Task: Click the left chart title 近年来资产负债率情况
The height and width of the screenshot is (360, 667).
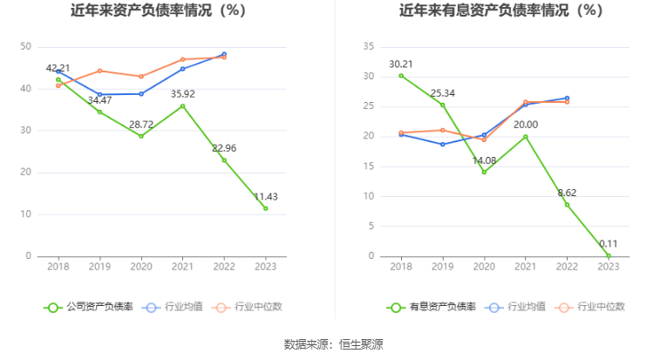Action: tap(159, 11)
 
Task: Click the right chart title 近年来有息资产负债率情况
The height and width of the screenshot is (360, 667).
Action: tap(501, 11)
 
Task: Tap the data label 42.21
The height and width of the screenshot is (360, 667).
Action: tap(58, 67)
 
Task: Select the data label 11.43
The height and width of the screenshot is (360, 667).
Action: tap(266, 196)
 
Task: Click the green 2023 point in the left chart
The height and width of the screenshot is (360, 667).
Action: tap(266, 208)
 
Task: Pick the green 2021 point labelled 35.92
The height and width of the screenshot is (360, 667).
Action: tap(182, 105)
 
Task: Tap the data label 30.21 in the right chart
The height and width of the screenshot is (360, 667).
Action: tap(400, 64)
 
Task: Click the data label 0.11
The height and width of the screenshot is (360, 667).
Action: tap(609, 244)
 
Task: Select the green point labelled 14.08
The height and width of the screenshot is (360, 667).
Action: tap(484, 172)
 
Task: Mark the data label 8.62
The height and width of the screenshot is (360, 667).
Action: tap(567, 193)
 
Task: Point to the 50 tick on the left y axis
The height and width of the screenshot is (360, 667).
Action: tap(25, 47)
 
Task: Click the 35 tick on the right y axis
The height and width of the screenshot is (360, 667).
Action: tap(368, 47)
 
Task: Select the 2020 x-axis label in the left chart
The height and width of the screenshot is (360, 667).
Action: tap(140, 268)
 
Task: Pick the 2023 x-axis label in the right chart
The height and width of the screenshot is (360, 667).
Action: tap(609, 268)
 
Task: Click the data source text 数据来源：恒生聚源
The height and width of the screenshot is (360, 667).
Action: tap(333, 344)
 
